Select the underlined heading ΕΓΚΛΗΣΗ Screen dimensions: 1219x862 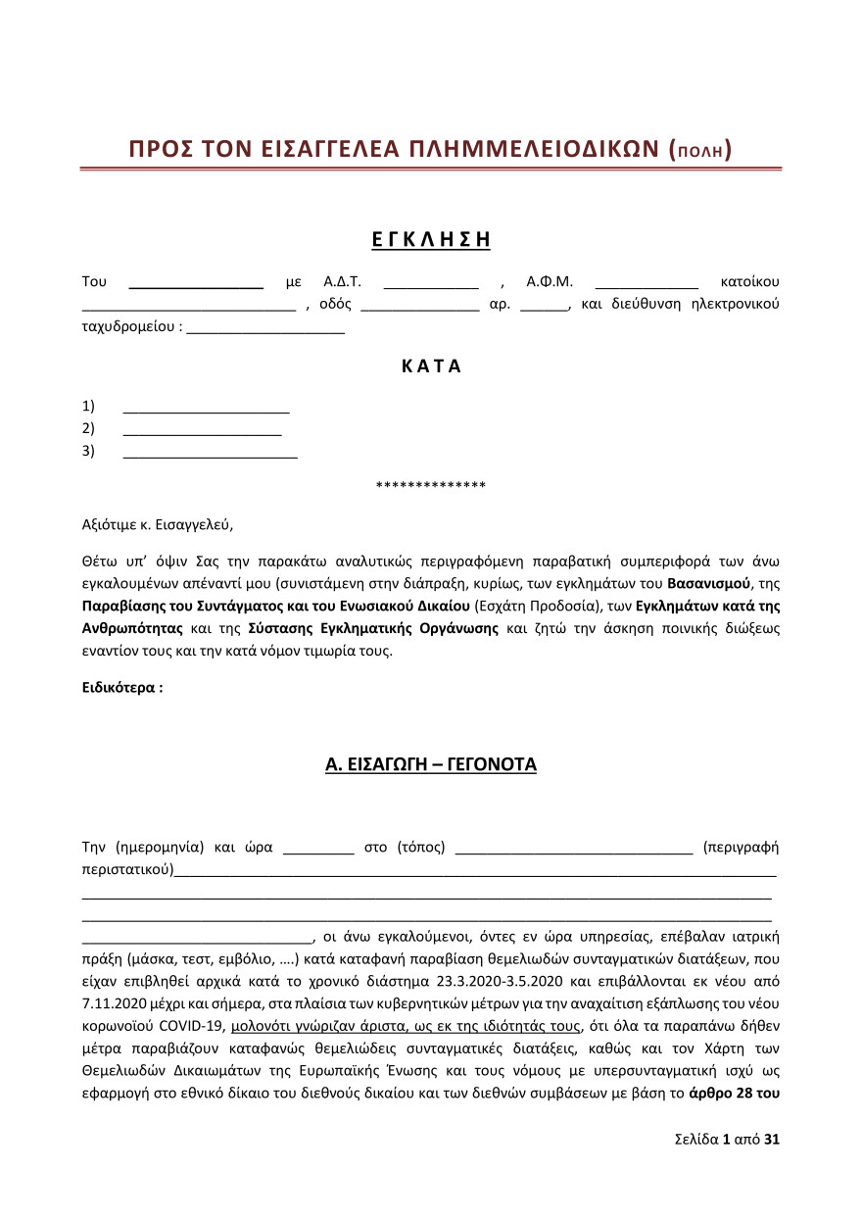click(431, 239)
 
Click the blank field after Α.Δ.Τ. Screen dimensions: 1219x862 click(430, 283)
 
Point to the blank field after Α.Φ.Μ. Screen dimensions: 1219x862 click(646, 283)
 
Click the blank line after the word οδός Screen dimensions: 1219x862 click(419, 305)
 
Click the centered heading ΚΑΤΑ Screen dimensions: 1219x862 click(431, 367)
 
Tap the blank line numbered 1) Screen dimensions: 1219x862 click(206, 407)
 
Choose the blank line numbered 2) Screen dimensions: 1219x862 click(202, 428)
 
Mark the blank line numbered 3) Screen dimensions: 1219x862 click(210, 451)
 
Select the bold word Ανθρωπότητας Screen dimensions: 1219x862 click(132, 627)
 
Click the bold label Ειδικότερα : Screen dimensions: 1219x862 click(122, 688)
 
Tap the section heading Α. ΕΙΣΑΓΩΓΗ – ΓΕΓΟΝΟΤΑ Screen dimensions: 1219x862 click(431, 765)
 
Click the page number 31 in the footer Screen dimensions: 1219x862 click(772, 1140)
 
